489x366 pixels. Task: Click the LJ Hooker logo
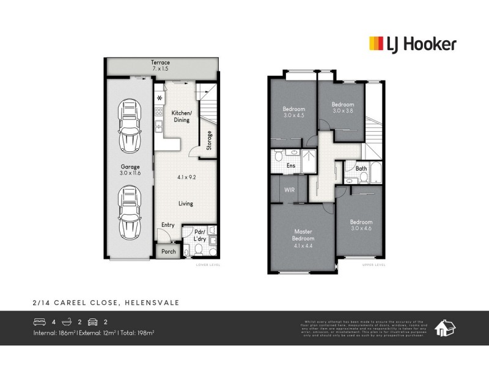pyautogui.click(x=412, y=43)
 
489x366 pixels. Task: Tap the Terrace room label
pyautogui.click(x=161, y=66)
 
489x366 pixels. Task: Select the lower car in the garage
pyautogui.click(x=130, y=207)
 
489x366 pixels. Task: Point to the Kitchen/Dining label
pyautogui.click(x=181, y=117)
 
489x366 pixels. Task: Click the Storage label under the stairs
pyautogui.click(x=209, y=140)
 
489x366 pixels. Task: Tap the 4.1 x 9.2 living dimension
pyautogui.click(x=186, y=178)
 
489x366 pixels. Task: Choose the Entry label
pyautogui.click(x=168, y=225)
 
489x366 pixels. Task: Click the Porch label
pyautogui.click(x=168, y=251)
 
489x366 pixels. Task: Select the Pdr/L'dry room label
pyautogui.click(x=199, y=235)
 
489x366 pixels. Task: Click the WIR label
pyautogui.click(x=289, y=190)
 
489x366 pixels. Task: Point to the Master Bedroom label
pyautogui.click(x=303, y=234)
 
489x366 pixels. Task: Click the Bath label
pyautogui.click(x=361, y=168)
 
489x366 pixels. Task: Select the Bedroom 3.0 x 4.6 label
pyautogui.click(x=361, y=224)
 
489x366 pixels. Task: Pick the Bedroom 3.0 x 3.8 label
pyautogui.click(x=342, y=108)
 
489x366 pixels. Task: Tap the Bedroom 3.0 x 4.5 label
pyautogui.click(x=293, y=112)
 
